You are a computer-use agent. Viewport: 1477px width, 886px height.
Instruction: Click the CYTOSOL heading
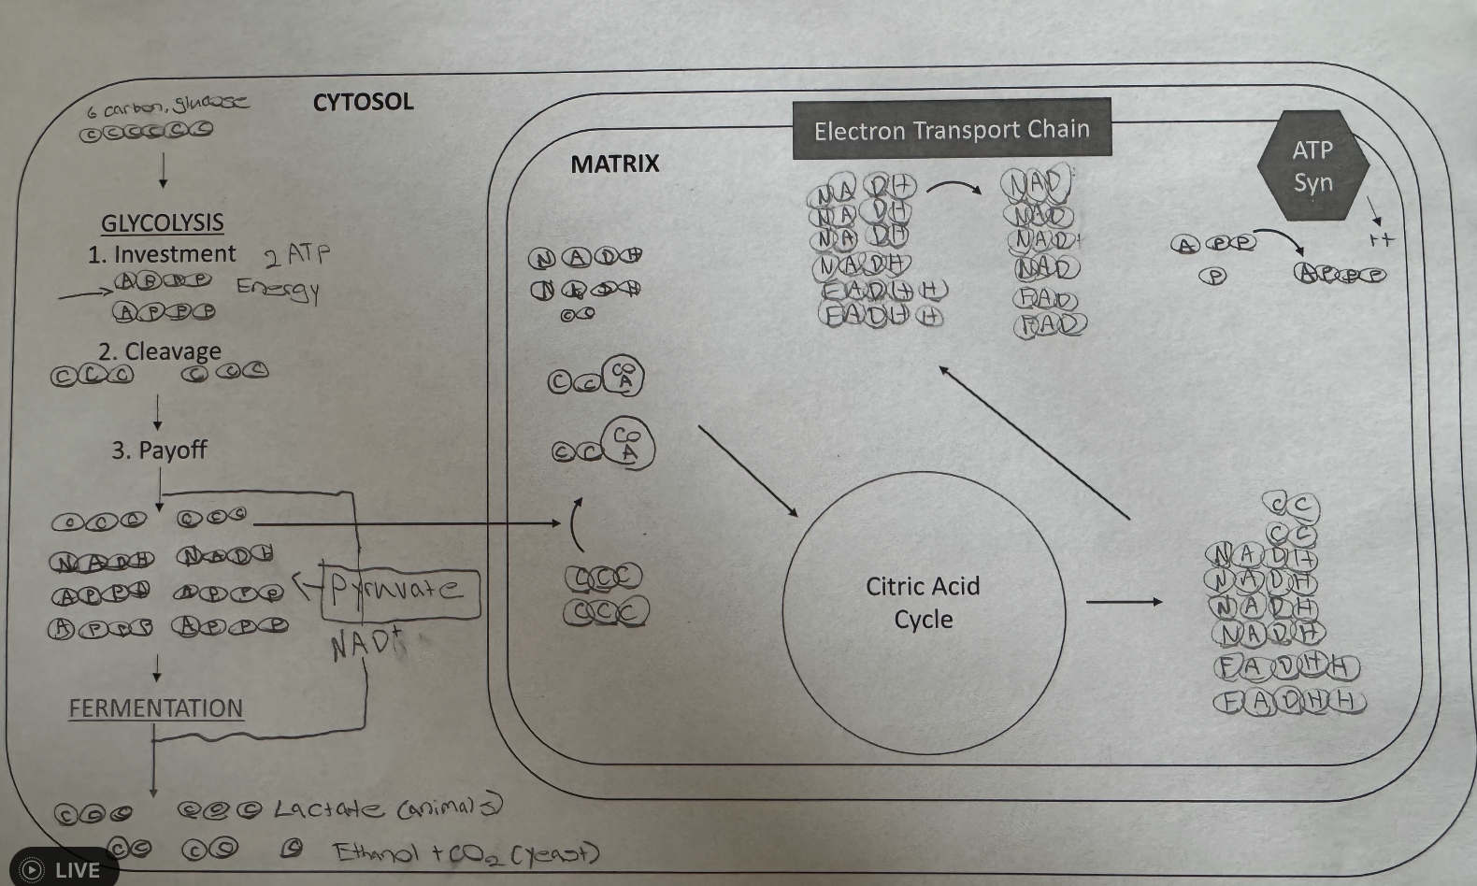coord(363,102)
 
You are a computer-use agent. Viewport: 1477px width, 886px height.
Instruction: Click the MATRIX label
coord(614,164)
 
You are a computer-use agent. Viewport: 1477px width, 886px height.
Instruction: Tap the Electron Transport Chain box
coord(951,130)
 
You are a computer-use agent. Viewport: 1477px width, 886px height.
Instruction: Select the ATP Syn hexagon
coord(1312,166)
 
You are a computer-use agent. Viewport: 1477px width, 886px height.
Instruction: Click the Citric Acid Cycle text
coord(923,603)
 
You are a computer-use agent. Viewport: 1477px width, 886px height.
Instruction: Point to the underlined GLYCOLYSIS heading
coord(162,222)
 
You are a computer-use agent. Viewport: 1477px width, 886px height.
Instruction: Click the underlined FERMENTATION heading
coord(155,708)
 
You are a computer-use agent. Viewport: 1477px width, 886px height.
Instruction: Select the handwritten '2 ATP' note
coord(296,254)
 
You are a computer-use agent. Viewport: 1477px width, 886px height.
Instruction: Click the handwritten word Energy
coord(278,289)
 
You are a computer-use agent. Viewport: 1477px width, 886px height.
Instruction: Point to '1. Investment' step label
coord(161,254)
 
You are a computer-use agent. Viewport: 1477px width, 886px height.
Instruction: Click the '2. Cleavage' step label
coord(159,351)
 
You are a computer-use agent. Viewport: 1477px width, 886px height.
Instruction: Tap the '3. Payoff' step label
coord(159,450)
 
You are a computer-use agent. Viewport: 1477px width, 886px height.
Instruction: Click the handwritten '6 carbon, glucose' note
coord(167,107)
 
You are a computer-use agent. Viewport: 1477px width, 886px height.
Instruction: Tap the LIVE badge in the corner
coord(64,870)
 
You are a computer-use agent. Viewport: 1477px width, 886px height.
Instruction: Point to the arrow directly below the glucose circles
coord(164,170)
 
